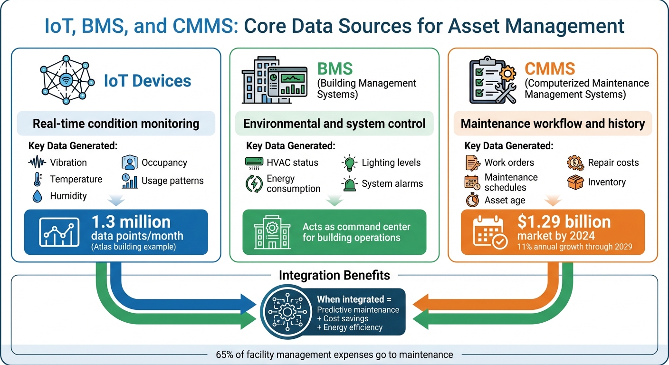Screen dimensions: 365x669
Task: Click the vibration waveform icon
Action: click(38, 163)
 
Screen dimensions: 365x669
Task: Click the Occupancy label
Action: click(164, 163)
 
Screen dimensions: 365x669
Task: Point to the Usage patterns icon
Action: click(129, 181)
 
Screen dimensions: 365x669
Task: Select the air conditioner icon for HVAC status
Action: click(254, 163)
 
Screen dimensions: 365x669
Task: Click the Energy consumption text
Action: click(293, 183)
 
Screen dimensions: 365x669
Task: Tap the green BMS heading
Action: click(335, 68)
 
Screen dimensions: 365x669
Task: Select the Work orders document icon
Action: click(472, 163)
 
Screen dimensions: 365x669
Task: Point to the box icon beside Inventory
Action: click(575, 182)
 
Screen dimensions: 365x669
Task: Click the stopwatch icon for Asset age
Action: click(472, 200)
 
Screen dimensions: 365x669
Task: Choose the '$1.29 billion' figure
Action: click(564, 222)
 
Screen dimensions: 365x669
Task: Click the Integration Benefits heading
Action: click(334, 275)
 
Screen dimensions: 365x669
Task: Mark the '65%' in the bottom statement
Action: click(225, 355)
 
